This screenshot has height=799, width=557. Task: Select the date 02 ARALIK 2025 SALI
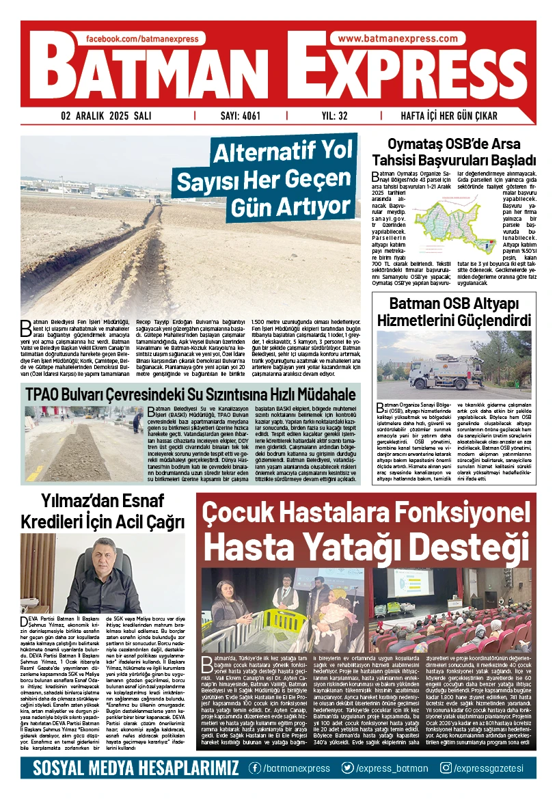(x=106, y=116)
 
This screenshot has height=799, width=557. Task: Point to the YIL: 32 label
(x=334, y=116)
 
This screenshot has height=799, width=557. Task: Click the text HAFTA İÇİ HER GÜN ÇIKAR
(x=448, y=116)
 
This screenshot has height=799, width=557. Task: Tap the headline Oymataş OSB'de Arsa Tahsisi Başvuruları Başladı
(x=452, y=152)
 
